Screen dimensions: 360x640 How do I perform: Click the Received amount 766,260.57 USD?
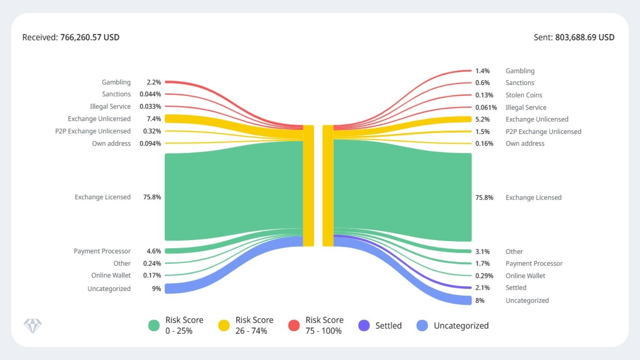(x=90, y=37)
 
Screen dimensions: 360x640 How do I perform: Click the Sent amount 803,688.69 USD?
(x=584, y=37)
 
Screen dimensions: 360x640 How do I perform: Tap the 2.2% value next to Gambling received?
(x=154, y=82)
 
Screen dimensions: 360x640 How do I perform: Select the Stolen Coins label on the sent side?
(x=524, y=95)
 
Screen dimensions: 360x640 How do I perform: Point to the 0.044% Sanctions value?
(x=150, y=94)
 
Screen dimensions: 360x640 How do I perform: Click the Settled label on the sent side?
(x=516, y=288)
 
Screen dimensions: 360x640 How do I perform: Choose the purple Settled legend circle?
(x=364, y=325)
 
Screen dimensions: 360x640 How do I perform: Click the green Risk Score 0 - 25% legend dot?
(x=154, y=325)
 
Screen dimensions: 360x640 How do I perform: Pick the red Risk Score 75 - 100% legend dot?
(x=294, y=325)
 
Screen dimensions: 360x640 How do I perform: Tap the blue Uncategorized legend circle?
(x=422, y=325)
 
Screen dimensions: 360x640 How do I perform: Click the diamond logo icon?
(x=33, y=326)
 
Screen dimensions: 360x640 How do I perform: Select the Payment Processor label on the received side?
(x=102, y=251)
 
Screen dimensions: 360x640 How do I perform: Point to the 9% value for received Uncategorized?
(x=156, y=289)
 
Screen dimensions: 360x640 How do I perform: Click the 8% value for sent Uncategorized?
(x=480, y=300)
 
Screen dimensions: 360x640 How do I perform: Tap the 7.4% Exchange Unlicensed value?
(x=154, y=119)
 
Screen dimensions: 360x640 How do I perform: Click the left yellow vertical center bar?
(x=308, y=186)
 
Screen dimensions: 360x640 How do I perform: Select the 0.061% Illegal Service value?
(x=486, y=107)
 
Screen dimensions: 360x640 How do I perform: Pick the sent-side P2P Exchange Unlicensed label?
(x=543, y=132)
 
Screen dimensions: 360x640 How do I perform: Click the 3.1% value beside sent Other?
(x=482, y=252)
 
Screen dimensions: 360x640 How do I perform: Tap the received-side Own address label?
(x=111, y=143)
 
